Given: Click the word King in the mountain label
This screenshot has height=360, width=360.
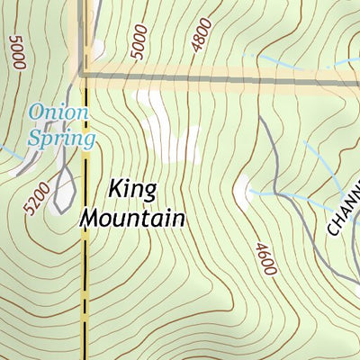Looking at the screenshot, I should pos(132,191).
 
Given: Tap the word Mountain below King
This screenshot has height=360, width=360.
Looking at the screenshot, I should pos(133,218).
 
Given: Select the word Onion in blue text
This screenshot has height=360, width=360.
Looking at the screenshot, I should pos(58,113).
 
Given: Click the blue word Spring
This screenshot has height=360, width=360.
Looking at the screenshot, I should pos(61,139).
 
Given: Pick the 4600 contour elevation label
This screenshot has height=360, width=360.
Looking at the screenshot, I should pos(265,258).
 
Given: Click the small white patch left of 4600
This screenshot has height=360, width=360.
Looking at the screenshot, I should pos(242,188).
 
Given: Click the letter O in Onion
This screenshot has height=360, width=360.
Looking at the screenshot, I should pos(39,113).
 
